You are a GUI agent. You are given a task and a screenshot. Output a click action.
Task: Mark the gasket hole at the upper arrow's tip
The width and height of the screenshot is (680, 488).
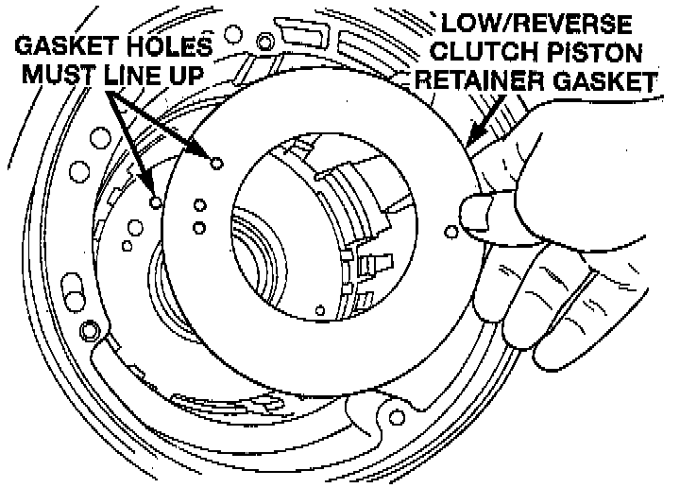point(216,163)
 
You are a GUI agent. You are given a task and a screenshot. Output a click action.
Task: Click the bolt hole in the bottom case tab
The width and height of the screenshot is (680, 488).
point(387,413)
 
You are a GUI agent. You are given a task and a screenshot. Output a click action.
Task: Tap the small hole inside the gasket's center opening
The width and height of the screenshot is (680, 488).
point(320,309)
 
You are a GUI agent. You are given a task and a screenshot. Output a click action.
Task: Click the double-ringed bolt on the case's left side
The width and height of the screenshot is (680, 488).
point(90,330)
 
